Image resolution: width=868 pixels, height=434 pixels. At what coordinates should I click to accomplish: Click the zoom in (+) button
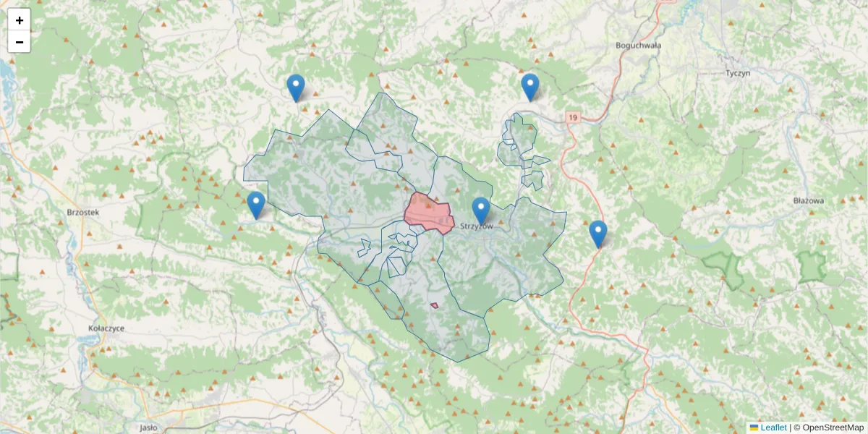point(20,20)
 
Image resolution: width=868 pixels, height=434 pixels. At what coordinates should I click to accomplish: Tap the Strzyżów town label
point(476,227)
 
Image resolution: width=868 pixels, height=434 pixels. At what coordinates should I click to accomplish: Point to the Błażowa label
point(809,200)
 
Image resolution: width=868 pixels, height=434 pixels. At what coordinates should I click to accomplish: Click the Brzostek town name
point(82,213)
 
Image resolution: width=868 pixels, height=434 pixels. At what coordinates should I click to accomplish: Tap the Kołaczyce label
point(106,328)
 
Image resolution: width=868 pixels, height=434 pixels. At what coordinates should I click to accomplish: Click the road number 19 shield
point(574,117)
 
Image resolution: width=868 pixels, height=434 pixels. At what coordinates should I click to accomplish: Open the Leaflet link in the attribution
point(773,427)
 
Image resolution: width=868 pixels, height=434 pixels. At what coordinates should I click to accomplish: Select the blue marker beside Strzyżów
point(481,210)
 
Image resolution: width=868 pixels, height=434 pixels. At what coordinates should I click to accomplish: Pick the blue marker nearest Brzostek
point(255,205)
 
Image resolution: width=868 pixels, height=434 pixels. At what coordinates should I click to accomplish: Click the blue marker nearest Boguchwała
point(530,87)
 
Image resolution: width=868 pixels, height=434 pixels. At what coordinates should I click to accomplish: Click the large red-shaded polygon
point(429,213)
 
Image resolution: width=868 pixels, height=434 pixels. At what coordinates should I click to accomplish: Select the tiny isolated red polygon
point(434,305)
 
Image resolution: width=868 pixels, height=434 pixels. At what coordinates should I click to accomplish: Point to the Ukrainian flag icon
point(754,427)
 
